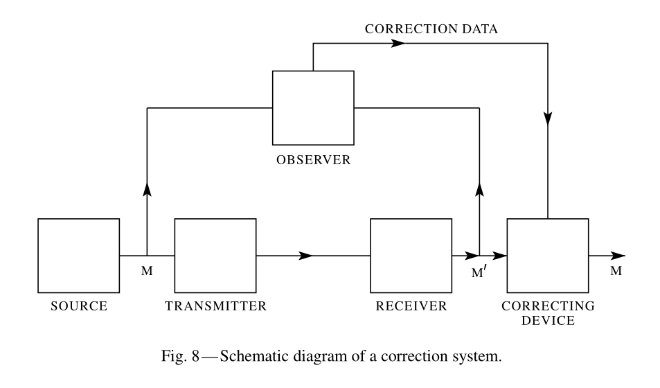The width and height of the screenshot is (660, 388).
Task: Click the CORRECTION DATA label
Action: coord(431,28)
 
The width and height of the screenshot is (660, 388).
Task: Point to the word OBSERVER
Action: coord(314,160)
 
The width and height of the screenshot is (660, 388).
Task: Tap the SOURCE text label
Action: coord(79,306)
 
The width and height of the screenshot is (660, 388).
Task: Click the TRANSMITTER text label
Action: coord(216,306)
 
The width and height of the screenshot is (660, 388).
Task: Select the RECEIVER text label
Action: coord(411,306)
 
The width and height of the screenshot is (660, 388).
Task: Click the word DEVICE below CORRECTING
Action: coord(548,321)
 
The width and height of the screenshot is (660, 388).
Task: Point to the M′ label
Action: coord(479,272)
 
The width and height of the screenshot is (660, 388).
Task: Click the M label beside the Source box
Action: coord(147,271)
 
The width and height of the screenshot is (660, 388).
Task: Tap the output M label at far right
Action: coord(616,271)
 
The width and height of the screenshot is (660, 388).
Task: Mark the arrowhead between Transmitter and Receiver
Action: coord(305,255)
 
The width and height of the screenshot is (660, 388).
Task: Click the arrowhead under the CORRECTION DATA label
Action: coord(398,43)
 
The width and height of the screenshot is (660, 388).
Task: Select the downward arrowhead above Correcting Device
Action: coord(548,118)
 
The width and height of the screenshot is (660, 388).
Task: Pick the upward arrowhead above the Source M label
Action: coord(147,190)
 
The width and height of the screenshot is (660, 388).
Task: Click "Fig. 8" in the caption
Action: coord(180,356)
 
